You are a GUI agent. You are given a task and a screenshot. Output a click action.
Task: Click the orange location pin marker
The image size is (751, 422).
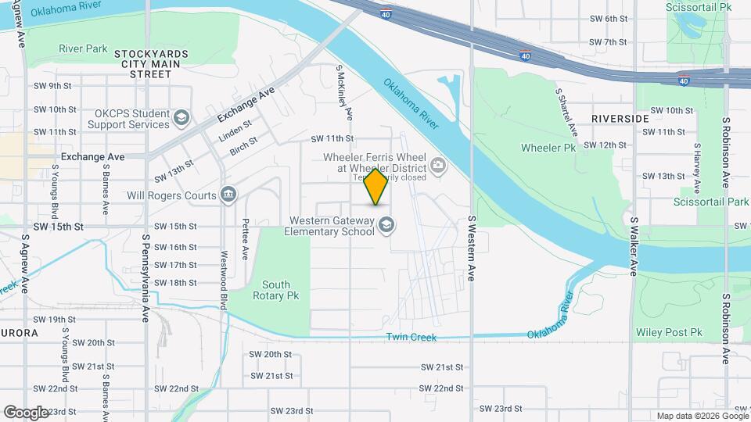[376, 186]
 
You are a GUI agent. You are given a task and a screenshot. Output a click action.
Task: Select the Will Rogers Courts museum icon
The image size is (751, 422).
[228, 194]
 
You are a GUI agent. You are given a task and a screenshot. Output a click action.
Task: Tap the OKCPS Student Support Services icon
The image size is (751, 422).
[181, 118]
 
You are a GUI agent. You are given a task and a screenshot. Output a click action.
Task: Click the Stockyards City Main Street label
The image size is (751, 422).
[151, 63]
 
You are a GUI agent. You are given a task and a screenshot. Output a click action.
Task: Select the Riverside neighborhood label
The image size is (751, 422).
[620, 118]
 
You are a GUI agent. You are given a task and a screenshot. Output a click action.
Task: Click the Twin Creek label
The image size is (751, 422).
[411, 338]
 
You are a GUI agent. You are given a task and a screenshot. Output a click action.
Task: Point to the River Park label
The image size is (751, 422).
[83, 48]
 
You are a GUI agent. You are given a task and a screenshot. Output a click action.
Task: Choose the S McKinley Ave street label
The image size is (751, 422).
[344, 93]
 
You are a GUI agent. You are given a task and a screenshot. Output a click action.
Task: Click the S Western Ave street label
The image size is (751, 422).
[472, 249]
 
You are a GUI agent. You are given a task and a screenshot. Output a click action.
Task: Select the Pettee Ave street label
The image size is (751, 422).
[246, 239]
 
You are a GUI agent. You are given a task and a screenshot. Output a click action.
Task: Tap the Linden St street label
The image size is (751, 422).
[235, 130]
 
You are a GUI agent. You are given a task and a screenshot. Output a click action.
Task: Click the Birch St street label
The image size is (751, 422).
[244, 145]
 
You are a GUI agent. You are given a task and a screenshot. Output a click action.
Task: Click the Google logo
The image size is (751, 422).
[26, 412]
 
